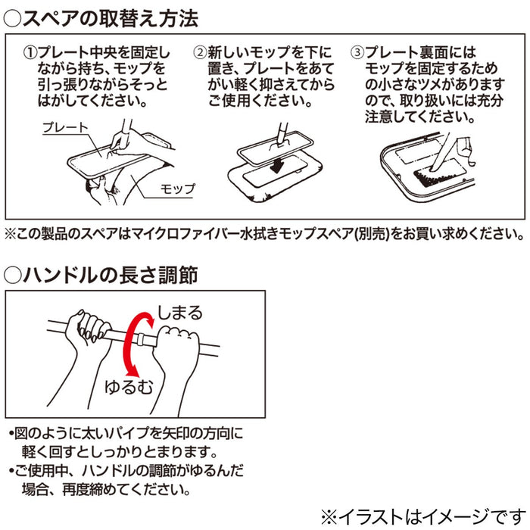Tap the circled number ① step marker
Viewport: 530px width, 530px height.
click(30, 53)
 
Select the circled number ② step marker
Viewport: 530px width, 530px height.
click(200, 53)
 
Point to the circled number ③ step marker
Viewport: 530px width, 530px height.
click(357, 53)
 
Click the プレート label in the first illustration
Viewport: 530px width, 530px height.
click(66, 127)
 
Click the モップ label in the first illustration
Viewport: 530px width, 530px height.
click(178, 189)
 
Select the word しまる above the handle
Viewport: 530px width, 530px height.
click(180, 313)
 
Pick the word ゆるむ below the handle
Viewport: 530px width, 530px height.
click(129, 387)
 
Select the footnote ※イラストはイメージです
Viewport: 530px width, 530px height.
click(423, 516)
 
